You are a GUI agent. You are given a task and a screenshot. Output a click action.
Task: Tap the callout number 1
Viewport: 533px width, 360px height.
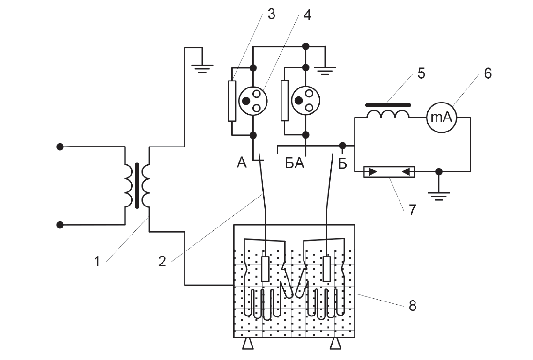[x=97, y=262]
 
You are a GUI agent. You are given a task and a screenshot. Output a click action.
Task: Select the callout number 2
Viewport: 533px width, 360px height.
[x=162, y=262]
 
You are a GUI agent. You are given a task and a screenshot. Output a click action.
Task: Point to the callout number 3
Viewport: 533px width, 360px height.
[x=271, y=14]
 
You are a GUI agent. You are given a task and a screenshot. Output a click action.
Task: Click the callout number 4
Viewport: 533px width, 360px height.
[x=307, y=15]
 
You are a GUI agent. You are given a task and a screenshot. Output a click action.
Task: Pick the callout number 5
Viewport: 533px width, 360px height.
[x=421, y=73]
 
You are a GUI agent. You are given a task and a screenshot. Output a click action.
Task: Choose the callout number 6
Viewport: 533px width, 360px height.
[x=488, y=73]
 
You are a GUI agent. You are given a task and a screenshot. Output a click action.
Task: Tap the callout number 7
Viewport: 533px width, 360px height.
[x=412, y=210]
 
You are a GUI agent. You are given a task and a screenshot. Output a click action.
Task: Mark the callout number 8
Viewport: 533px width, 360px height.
[x=412, y=306]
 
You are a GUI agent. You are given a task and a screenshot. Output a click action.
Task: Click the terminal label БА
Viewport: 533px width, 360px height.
[x=295, y=164]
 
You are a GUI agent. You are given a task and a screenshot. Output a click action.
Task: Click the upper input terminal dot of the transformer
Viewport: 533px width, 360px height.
[x=60, y=147]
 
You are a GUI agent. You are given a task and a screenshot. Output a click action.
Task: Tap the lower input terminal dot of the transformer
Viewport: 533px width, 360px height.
[x=60, y=225]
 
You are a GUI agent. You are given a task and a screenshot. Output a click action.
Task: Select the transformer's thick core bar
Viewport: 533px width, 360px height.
[x=137, y=185]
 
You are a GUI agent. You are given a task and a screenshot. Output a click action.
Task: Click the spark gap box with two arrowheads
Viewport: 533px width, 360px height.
[x=389, y=172]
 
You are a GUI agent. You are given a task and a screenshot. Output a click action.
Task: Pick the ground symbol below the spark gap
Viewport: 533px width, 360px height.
[x=439, y=196]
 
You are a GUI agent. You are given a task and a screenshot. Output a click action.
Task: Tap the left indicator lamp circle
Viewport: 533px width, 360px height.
[x=253, y=101]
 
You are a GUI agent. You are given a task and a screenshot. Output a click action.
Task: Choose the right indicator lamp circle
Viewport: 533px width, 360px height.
[x=305, y=101]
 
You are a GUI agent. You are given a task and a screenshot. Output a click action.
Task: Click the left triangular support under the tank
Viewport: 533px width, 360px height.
[x=248, y=344]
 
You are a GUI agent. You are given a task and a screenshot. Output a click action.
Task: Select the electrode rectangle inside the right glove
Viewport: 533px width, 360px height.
[x=326, y=269]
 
